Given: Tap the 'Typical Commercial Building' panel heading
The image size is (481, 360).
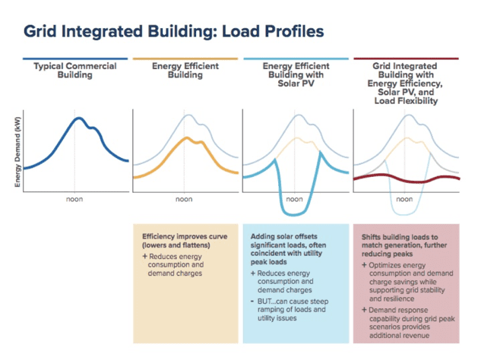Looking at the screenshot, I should click(74, 71).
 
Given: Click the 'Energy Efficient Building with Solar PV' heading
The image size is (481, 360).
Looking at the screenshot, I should click(293, 75).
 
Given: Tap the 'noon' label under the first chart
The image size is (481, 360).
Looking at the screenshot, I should click(74, 201).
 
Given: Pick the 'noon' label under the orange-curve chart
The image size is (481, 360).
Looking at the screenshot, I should click(184, 201).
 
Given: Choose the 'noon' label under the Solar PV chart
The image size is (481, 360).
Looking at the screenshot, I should click(293, 201).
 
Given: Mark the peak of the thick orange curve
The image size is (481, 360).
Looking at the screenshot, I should click(184, 140).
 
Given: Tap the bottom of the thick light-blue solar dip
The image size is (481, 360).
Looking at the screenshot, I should click(293, 211).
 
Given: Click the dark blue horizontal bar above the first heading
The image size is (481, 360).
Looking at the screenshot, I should click(74, 58).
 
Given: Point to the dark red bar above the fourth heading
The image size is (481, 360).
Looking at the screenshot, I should click(407, 58).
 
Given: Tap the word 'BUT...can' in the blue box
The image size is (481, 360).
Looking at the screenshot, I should click(275, 302).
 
